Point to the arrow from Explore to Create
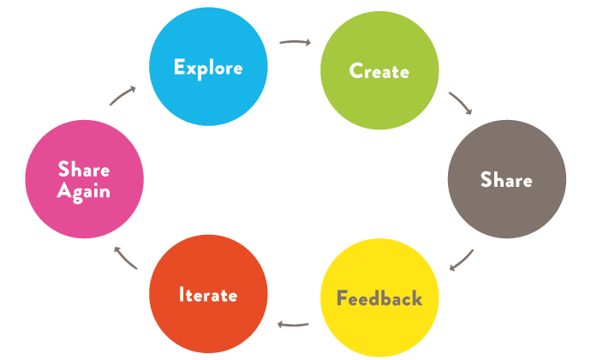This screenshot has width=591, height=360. point(295,41)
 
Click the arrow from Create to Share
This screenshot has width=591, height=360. point(460,102)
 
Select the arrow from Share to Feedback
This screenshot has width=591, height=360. point(462,259)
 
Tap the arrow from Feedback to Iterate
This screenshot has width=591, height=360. point(294,324)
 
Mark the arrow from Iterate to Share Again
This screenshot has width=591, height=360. point(126,257)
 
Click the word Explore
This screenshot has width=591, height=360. point(208,68)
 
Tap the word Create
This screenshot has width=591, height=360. point(379,71)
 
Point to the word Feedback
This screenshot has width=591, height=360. point(379,299)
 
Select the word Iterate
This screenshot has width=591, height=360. point(208,295)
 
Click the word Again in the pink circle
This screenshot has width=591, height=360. point(84,191)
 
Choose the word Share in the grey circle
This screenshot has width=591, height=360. point(506,180)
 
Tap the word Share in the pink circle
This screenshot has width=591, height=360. point(84,169)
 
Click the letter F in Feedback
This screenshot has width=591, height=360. point(342,299)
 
